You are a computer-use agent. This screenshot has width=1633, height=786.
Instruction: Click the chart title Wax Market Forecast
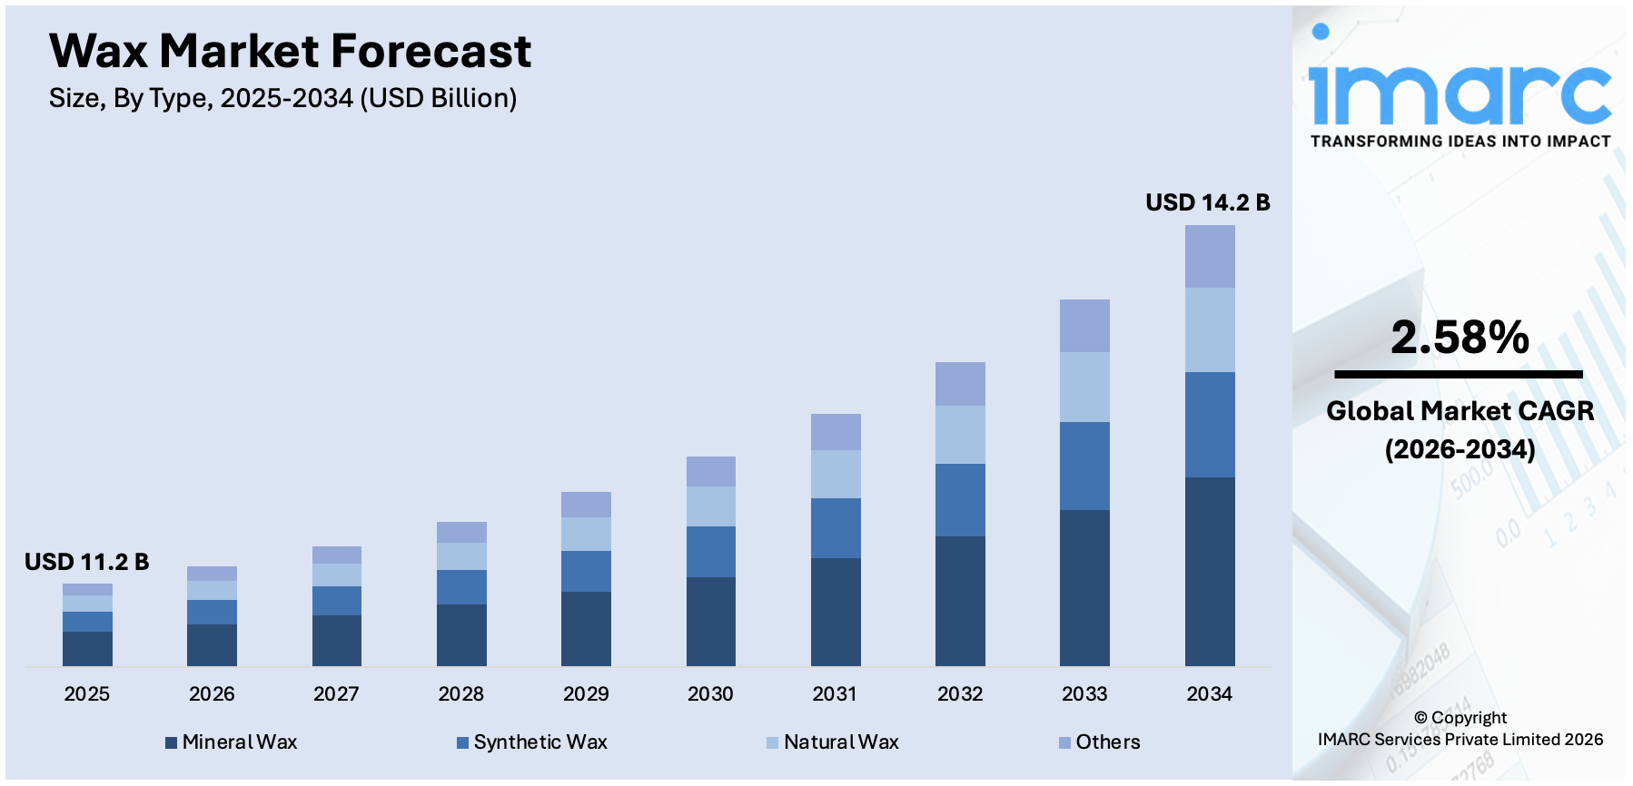pyautogui.click(x=290, y=52)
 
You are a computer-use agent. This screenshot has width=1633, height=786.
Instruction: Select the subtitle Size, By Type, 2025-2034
pyautogui.click(x=282, y=98)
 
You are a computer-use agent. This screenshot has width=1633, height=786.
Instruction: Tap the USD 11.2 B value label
pyautogui.click(x=86, y=562)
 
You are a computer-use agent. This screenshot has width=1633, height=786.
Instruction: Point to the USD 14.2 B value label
pyautogui.click(x=1207, y=202)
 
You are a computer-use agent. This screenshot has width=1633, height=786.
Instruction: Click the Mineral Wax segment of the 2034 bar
pyautogui.click(x=1209, y=571)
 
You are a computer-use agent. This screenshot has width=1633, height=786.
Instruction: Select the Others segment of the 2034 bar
pyautogui.click(x=1209, y=257)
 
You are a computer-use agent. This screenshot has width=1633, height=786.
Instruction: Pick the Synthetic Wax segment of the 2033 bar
pyautogui.click(x=1084, y=466)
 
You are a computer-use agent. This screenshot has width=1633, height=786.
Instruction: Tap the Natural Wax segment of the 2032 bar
pyautogui.click(x=960, y=435)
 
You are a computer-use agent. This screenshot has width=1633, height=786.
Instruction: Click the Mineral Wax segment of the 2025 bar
pyautogui.click(x=87, y=648)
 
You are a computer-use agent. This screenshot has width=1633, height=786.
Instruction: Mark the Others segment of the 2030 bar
pyautogui.click(x=710, y=471)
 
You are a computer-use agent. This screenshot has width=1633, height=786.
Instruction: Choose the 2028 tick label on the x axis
pyautogui.click(x=460, y=694)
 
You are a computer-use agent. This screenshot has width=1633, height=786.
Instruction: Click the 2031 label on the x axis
pyautogui.click(x=835, y=694)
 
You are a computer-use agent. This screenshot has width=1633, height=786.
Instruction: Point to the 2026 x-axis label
pyautogui.click(x=212, y=694)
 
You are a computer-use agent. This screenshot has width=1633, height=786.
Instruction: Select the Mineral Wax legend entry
pyautogui.click(x=232, y=742)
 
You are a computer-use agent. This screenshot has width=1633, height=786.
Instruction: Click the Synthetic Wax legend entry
pyautogui.click(x=532, y=742)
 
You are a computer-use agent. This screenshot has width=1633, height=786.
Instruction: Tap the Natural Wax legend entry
pyautogui.click(x=833, y=742)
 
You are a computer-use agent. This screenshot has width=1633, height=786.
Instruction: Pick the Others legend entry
pyautogui.click(x=1099, y=742)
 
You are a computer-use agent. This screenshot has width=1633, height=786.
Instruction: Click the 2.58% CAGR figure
pyautogui.click(x=1460, y=338)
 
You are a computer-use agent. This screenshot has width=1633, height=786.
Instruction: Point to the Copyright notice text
pyautogui.click(x=1460, y=729)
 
